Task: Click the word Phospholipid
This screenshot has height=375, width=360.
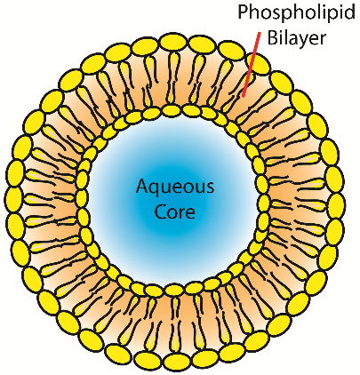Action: click(x=296, y=13)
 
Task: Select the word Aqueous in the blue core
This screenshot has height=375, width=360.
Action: click(x=175, y=187)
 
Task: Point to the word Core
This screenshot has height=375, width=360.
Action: click(x=175, y=211)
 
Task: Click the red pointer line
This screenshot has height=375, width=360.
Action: click(x=251, y=65)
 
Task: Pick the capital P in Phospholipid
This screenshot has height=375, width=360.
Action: click(x=244, y=12)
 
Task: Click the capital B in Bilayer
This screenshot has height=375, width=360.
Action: click(x=273, y=37)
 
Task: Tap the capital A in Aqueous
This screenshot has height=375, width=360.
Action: click(x=143, y=186)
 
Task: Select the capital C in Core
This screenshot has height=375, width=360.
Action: click(x=161, y=211)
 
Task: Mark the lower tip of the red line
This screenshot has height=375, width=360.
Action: click(x=243, y=97)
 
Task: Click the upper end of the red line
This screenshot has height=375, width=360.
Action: click(x=260, y=33)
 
